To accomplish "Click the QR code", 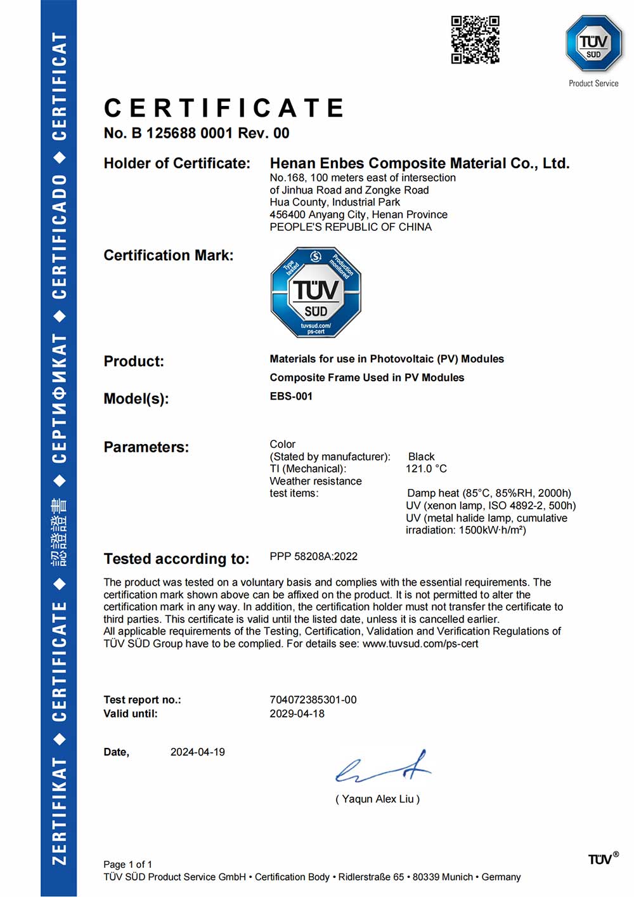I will coord(475,40).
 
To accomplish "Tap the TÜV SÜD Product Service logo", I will coord(593,44).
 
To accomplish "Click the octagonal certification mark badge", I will coord(316,292).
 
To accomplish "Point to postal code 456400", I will coord(287,214).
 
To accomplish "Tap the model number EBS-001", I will coord(291,396).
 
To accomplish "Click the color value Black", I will coord(422,457).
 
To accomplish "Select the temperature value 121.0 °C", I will coord(426,469).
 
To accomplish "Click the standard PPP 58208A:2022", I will coord(314,556).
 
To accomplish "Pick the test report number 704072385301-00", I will coord(313,700).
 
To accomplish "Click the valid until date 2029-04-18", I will coord(297,714).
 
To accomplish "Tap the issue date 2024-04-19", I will coord(198,752).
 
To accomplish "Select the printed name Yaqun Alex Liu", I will coord(377,799).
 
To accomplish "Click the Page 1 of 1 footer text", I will coord(127,865).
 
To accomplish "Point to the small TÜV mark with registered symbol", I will coord(603,859).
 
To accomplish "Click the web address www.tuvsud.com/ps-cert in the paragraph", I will coord(420,644).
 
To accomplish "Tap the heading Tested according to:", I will coord(176,559).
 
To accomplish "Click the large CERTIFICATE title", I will coord(224,108).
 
